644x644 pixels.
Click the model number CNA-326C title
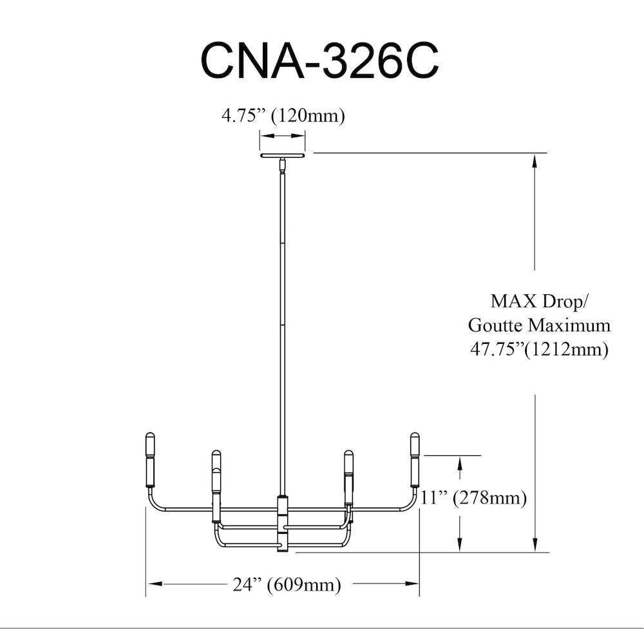tap(319, 61)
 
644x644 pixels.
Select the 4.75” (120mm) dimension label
tap(283, 116)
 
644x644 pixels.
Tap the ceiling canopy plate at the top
tap(282, 155)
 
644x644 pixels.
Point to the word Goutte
tap(496, 325)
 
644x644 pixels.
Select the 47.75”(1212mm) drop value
tap(539, 350)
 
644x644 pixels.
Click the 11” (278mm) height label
tap(473, 498)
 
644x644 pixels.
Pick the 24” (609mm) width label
tap(287, 584)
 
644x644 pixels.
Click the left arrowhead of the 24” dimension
tap(155, 583)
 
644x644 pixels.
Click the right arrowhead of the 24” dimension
tap(411, 583)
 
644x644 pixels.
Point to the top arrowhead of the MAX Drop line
tap(535, 160)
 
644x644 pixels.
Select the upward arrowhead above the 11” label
tap(460, 463)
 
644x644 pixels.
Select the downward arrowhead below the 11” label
tap(460, 544)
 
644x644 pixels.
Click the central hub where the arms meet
tap(282, 524)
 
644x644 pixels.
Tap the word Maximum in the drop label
tap(569, 325)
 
